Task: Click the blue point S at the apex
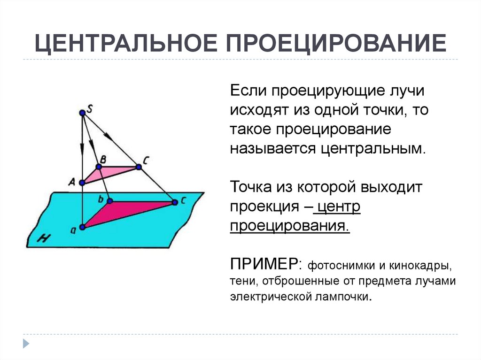point(82,113)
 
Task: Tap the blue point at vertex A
point(82,183)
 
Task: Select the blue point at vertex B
point(99,167)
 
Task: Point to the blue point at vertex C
point(139,167)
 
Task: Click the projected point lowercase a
point(82,227)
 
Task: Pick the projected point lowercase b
point(109,201)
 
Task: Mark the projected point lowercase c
point(174,202)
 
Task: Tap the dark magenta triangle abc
point(122,210)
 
